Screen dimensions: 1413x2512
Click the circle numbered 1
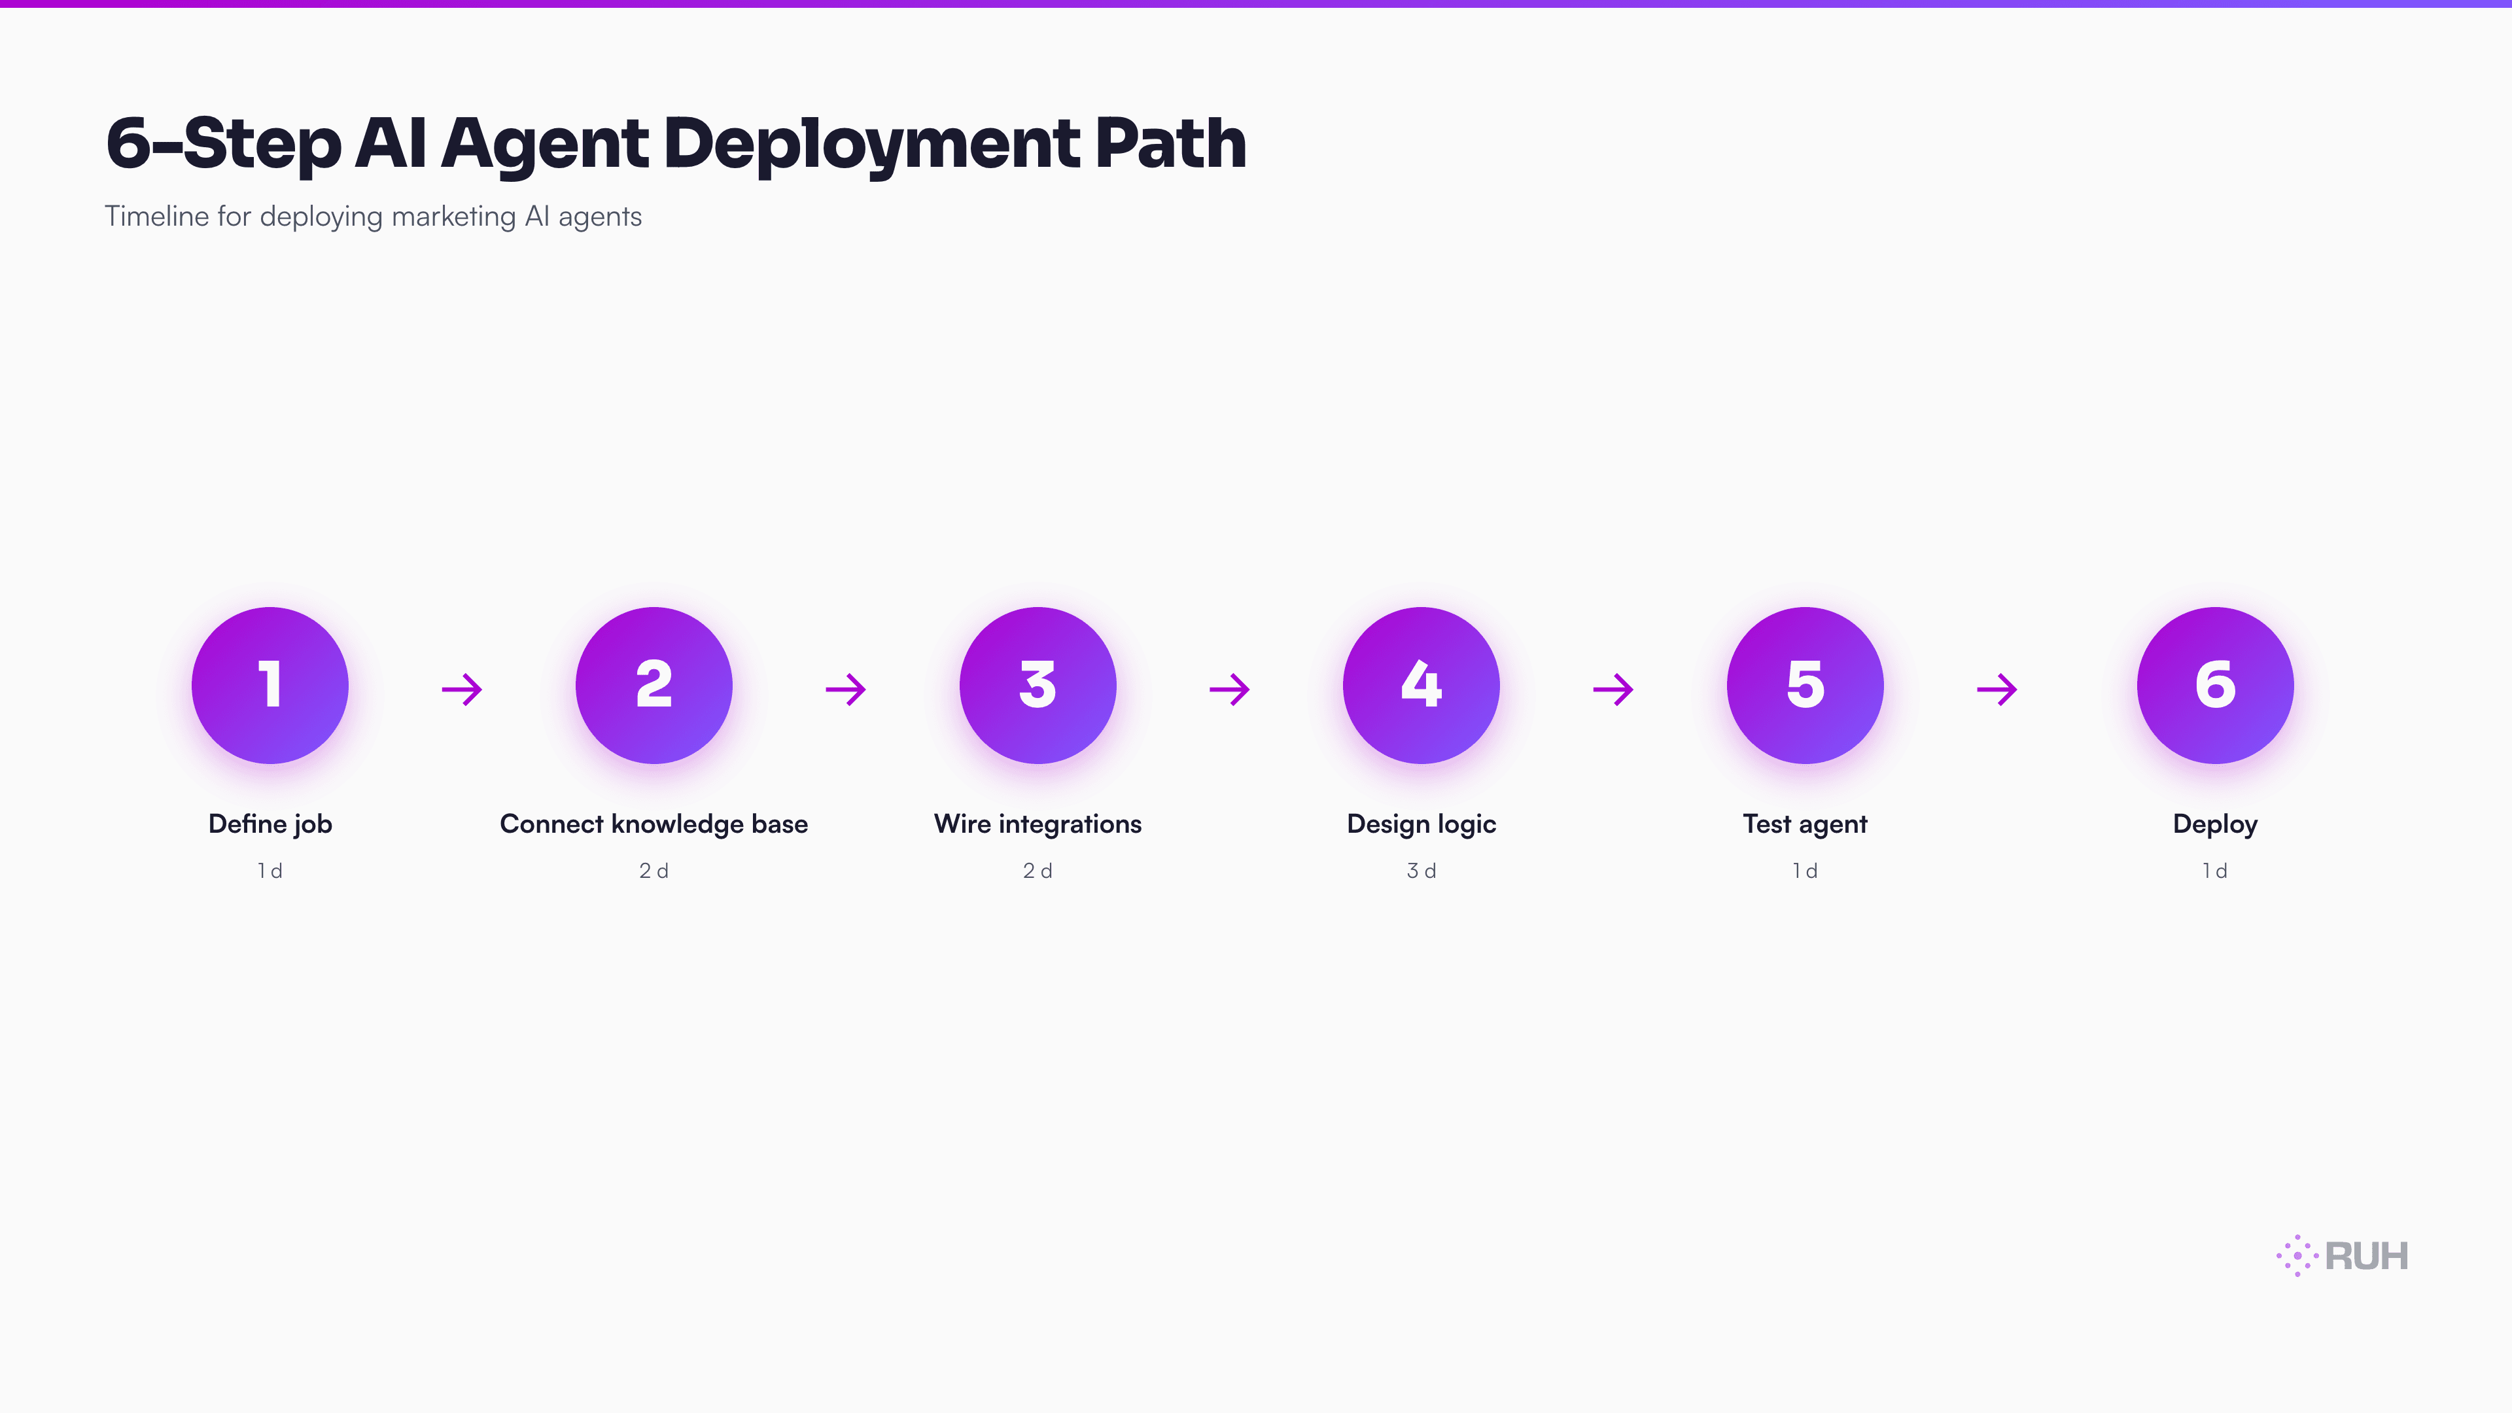point(270,686)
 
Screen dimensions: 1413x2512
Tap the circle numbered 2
point(654,686)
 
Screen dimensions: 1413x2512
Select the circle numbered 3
point(1038,686)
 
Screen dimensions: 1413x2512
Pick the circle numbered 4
point(1421,686)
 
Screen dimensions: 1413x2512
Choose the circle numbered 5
point(1805,686)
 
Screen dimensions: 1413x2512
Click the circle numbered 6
point(2214,686)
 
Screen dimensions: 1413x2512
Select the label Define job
point(270,824)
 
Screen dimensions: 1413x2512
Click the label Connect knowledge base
point(654,824)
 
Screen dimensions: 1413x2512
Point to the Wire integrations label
point(1038,824)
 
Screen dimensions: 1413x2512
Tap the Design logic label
point(1421,824)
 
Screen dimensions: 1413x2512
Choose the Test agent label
point(1805,824)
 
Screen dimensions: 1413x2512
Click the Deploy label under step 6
point(2214,824)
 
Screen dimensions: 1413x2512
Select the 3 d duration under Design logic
point(1421,871)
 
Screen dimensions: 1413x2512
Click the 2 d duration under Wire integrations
point(1038,871)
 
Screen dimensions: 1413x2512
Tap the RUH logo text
point(2365,1256)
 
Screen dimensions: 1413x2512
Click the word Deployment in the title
point(871,145)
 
